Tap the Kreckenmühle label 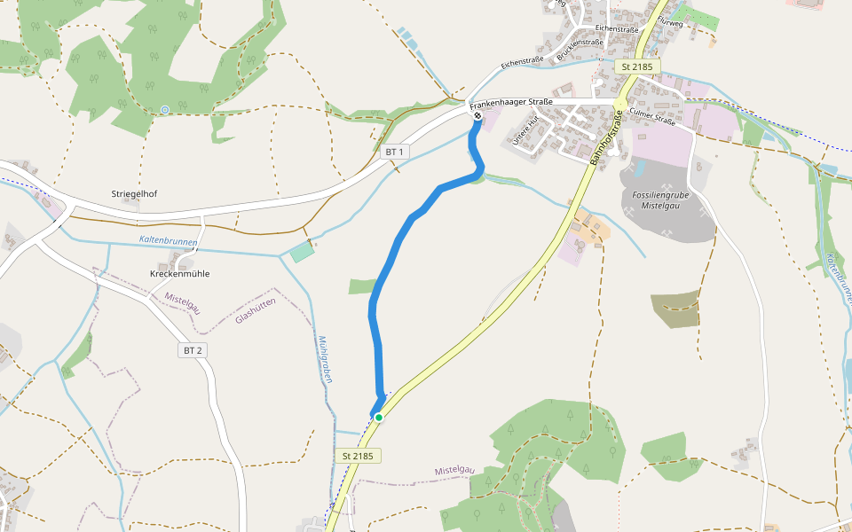[x=179, y=274]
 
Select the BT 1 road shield [x=395, y=153]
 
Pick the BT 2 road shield [x=193, y=350]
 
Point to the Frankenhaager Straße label [x=511, y=103]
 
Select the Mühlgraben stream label [x=325, y=359]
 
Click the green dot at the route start [x=379, y=417]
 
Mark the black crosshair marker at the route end [x=477, y=115]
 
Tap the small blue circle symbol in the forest [x=164, y=110]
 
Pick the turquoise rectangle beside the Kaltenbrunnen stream [x=302, y=252]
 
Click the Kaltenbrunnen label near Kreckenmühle [x=168, y=241]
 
